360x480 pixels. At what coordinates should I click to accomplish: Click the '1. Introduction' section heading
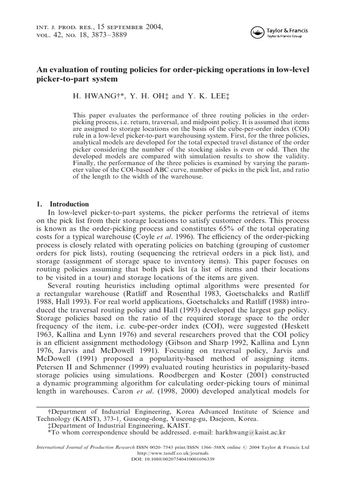pos(62,204)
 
